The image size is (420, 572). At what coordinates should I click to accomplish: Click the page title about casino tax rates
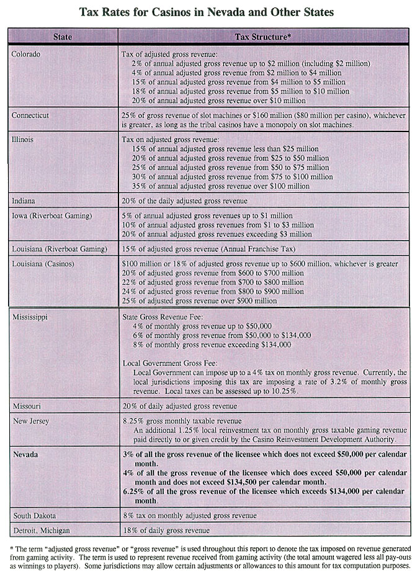210,12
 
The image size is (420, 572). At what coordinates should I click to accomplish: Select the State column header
62,37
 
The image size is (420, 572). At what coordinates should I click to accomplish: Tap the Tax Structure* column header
264,37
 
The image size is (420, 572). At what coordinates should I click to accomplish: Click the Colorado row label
26,54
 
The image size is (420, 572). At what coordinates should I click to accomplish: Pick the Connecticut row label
30,115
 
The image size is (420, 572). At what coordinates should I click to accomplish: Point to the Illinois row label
23,140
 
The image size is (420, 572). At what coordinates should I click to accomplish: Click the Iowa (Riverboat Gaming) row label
51,215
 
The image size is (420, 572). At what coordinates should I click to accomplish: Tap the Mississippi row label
31,316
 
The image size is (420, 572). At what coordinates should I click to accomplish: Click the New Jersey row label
31,421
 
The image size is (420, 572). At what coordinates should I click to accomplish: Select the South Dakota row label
35,516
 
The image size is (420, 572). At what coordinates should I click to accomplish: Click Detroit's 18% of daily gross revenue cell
166,530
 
